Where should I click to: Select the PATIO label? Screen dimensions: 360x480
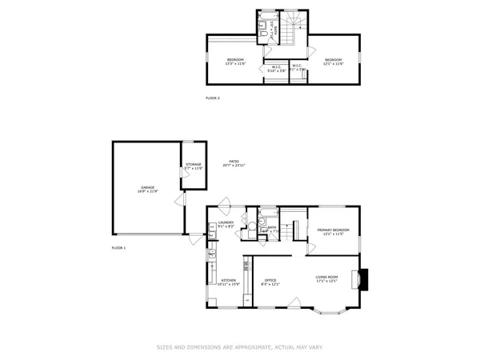point(234,163)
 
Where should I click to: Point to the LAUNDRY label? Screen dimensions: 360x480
point(226,225)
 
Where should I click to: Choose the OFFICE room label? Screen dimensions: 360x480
point(270,282)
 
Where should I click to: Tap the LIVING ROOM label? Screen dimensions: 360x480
point(327,278)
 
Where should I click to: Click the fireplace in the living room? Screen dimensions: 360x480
point(363,278)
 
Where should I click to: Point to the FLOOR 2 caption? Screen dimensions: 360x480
point(213,98)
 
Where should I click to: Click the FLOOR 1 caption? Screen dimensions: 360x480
point(118,248)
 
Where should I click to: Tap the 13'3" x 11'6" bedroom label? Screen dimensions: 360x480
point(235,62)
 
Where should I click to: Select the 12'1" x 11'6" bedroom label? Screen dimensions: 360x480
point(334,62)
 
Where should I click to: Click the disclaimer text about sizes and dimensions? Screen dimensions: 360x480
point(240,347)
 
